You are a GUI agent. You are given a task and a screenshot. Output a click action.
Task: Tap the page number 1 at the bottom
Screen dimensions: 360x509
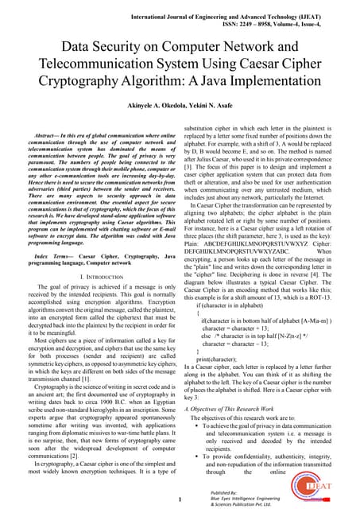click(180, 499)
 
